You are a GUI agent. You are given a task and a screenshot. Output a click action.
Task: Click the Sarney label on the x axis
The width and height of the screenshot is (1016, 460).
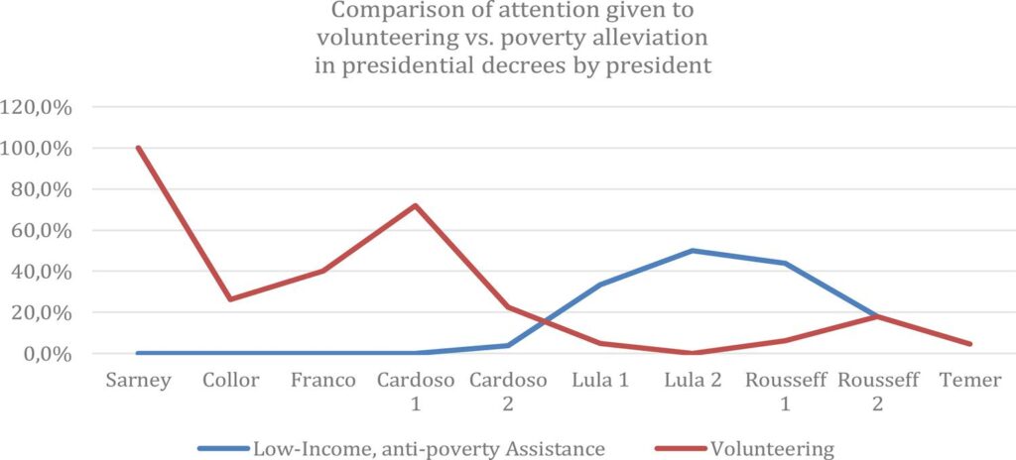pyautogui.click(x=138, y=381)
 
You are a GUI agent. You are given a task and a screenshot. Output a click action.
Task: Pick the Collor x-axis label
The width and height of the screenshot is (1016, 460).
pyautogui.click(x=230, y=381)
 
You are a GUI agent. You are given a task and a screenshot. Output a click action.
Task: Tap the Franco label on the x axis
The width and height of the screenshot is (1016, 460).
pyautogui.click(x=322, y=381)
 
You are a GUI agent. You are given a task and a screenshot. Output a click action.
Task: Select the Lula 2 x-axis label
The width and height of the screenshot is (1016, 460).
pyautogui.click(x=692, y=381)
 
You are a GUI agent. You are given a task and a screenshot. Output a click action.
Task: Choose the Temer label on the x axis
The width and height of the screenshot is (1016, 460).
pyautogui.click(x=968, y=381)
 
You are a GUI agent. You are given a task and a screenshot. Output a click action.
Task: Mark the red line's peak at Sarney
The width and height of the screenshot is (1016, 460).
pyautogui.click(x=139, y=148)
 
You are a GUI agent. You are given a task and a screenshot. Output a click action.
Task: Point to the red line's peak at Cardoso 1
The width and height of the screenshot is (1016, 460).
pyautogui.click(x=415, y=206)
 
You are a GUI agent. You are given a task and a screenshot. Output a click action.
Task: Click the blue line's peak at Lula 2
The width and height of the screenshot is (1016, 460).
pyautogui.click(x=692, y=251)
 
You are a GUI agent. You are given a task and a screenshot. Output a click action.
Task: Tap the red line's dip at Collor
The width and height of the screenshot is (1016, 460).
pyautogui.click(x=231, y=299)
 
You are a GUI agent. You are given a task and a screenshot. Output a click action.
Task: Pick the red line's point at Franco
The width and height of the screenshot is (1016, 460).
pyautogui.click(x=323, y=271)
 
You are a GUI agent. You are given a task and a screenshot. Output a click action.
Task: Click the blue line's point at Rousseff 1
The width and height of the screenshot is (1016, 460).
pyautogui.click(x=784, y=263)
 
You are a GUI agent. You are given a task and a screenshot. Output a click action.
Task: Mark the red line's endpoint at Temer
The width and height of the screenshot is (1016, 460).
pyautogui.click(x=968, y=344)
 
